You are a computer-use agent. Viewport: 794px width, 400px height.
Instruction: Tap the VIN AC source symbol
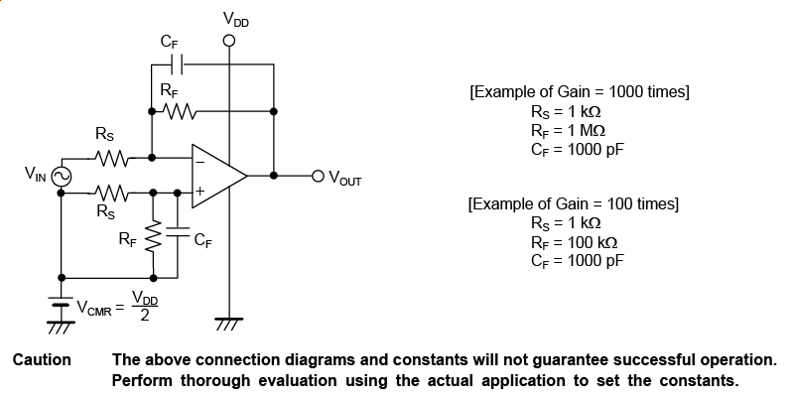pyautogui.click(x=61, y=176)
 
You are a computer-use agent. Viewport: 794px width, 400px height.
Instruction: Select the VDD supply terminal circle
pyautogui.click(x=229, y=42)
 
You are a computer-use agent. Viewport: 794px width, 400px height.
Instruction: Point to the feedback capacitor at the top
pyautogui.click(x=176, y=63)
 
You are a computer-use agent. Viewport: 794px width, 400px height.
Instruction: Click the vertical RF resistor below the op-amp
pyautogui.click(x=152, y=236)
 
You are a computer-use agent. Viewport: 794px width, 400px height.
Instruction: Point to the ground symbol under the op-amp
pyautogui.click(x=229, y=322)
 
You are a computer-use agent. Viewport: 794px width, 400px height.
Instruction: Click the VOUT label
pyautogui.click(x=344, y=180)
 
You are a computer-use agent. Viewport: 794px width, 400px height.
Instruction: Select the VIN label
pyautogui.click(x=36, y=176)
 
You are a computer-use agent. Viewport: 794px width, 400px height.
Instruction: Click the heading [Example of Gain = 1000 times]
pyautogui.click(x=579, y=92)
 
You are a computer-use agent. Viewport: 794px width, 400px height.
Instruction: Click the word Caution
pyautogui.click(x=42, y=359)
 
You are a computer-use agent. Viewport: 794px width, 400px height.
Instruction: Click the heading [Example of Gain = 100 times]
pyautogui.click(x=574, y=204)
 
